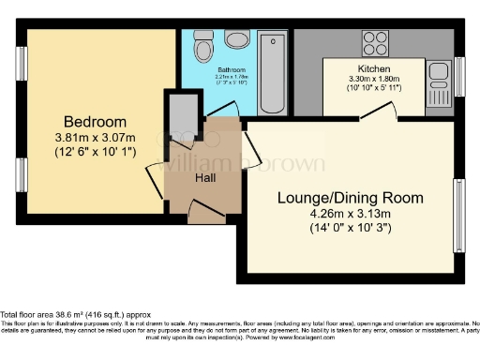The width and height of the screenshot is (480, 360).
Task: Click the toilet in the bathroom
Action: point(202,47)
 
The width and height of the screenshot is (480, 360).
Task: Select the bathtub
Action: point(273,71)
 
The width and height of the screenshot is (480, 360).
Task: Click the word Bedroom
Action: point(95,122)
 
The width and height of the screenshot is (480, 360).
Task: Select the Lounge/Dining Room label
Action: point(350,198)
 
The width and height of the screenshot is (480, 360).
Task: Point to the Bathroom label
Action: point(232,69)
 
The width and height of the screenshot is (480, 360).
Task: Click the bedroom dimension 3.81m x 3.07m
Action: point(95,139)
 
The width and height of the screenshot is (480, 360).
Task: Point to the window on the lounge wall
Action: point(460,209)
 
